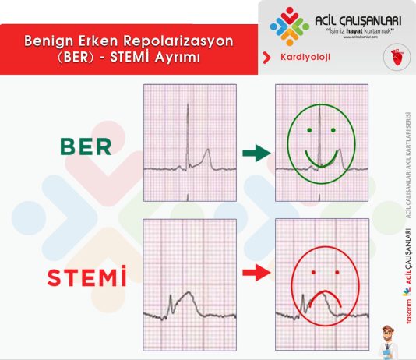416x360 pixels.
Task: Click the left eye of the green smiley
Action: [309, 129]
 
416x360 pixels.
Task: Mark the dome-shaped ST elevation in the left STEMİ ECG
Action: [187, 297]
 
